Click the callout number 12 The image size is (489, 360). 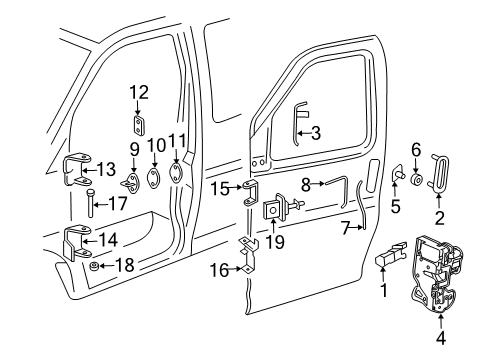(138, 92)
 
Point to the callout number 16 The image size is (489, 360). (219, 269)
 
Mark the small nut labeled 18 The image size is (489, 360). (92, 268)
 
